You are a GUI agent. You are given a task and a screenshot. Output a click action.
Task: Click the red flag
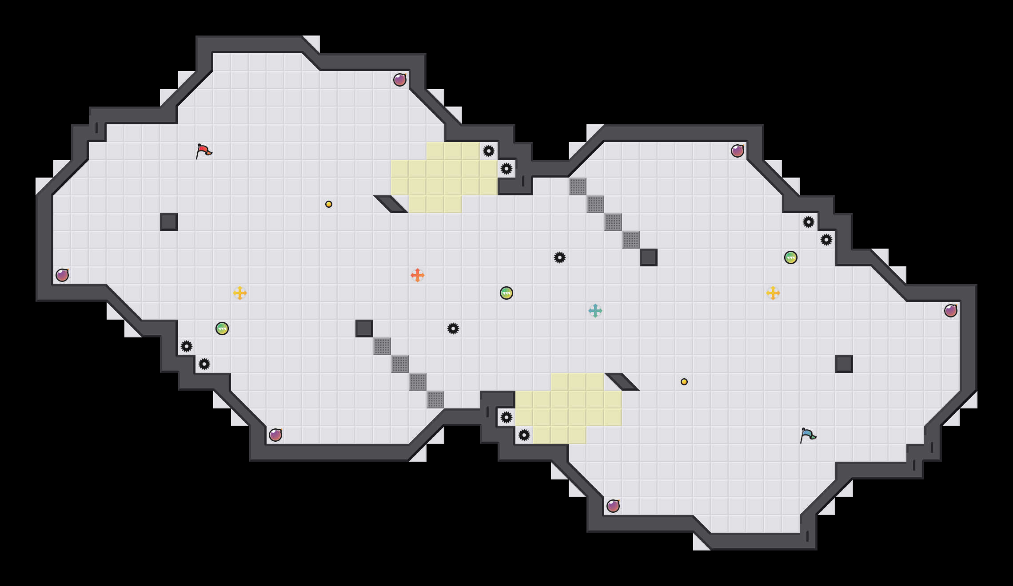tap(203, 151)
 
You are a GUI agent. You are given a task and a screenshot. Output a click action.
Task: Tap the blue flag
tap(807, 435)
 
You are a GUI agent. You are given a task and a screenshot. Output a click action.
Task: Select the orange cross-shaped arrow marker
tap(417, 275)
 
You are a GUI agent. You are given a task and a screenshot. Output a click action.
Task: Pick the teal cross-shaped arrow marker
tap(595, 311)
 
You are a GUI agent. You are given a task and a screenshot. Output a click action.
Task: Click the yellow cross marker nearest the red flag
tap(240, 293)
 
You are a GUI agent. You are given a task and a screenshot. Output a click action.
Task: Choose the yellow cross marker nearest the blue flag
tap(773, 293)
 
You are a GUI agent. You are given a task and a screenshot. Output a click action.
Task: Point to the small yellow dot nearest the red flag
tap(329, 204)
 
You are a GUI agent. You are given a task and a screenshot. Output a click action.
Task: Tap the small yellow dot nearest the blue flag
tap(684, 382)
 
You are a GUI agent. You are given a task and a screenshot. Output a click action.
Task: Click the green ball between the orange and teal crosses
tap(506, 293)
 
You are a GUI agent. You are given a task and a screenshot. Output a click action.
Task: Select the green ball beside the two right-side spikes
tap(791, 257)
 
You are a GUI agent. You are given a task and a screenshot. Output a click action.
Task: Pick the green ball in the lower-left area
tap(222, 329)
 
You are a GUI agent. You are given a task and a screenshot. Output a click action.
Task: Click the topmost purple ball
tap(400, 80)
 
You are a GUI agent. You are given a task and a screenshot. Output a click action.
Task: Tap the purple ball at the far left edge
tap(62, 275)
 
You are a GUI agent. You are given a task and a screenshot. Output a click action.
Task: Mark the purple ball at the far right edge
tap(951, 311)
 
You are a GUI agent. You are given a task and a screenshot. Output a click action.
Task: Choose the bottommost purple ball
tap(613, 506)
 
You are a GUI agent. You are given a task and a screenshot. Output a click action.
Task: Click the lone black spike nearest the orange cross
tap(453, 329)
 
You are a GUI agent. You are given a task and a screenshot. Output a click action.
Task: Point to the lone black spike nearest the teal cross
tap(560, 257)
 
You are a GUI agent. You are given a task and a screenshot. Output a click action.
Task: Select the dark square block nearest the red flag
tap(169, 222)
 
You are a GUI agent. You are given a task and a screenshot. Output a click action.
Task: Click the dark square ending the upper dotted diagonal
tap(649, 257)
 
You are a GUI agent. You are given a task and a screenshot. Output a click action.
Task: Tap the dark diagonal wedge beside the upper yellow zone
tap(391, 204)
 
